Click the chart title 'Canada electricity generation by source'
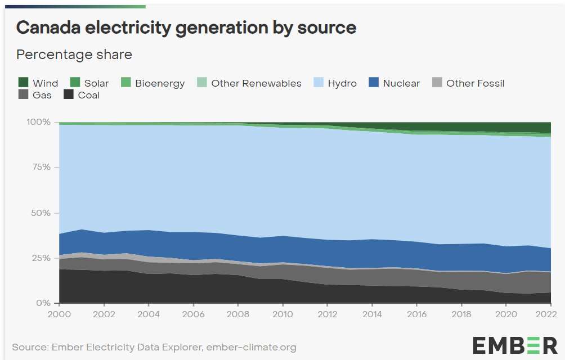click(x=186, y=28)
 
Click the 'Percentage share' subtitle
click(x=74, y=55)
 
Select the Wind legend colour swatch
click(x=23, y=83)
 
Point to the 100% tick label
click(x=38, y=122)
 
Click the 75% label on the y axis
click(x=41, y=168)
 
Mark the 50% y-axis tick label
click(x=41, y=213)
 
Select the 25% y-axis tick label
click(x=41, y=258)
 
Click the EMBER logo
click(x=514, y=344)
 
